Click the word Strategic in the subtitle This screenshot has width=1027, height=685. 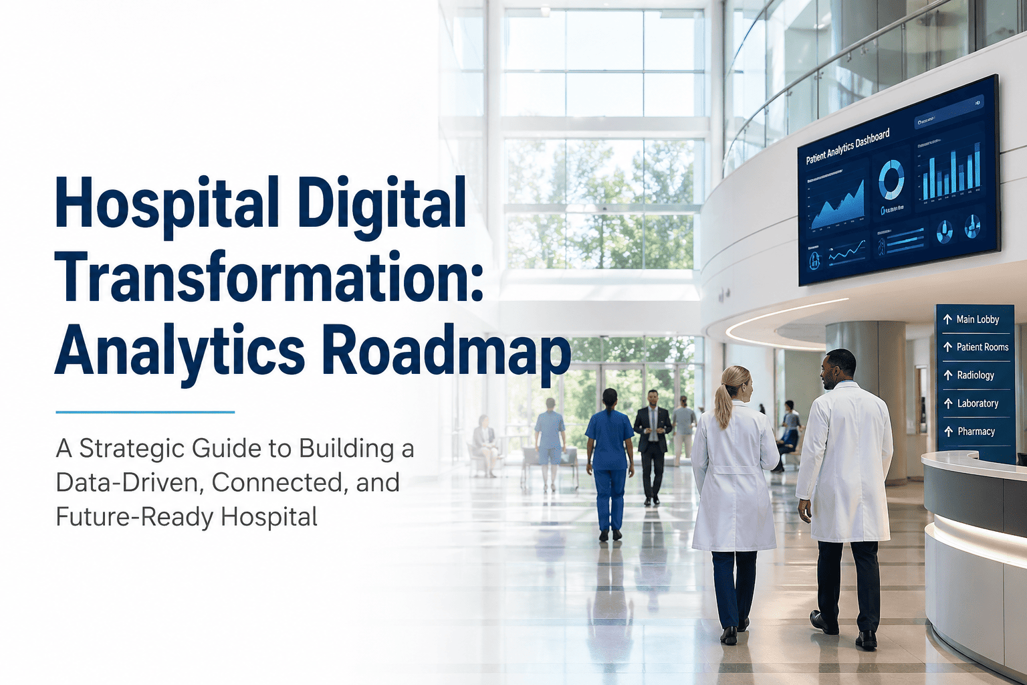click(132, 449)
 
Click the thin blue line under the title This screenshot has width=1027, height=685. click(145, 412)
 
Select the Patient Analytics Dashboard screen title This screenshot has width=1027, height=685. click(847, 146)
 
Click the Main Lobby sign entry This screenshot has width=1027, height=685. click(976, 320)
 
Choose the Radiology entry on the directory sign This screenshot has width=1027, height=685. click(975, 375)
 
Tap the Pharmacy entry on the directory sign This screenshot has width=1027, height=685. click(976, 431)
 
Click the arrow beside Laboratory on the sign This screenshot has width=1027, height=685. click(947, 403)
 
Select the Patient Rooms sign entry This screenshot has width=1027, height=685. click(982, 347)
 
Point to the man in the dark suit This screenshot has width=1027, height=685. click(652, 445)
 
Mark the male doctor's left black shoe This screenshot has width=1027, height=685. click(824, 622)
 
